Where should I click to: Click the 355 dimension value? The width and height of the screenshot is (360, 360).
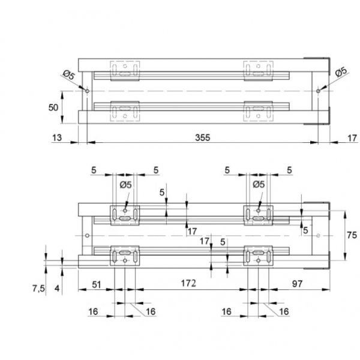tap(203, 137)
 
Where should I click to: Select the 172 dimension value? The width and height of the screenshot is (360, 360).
tap(188, 284)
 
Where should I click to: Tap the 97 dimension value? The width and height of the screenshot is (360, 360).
tap(297, 284)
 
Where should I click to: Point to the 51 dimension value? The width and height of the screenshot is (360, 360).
tap(97, 284)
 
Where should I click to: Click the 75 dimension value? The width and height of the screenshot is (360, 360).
tap(352, 235)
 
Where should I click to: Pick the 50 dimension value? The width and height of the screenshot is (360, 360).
tap(53, 107)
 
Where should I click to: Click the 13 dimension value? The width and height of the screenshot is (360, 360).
tap(57, 137)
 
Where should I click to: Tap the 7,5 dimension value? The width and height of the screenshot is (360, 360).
tap(38, 289)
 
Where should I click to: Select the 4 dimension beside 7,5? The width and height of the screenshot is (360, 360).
tap(57, 289)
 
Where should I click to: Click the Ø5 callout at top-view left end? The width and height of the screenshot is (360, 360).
tap(69, 75)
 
